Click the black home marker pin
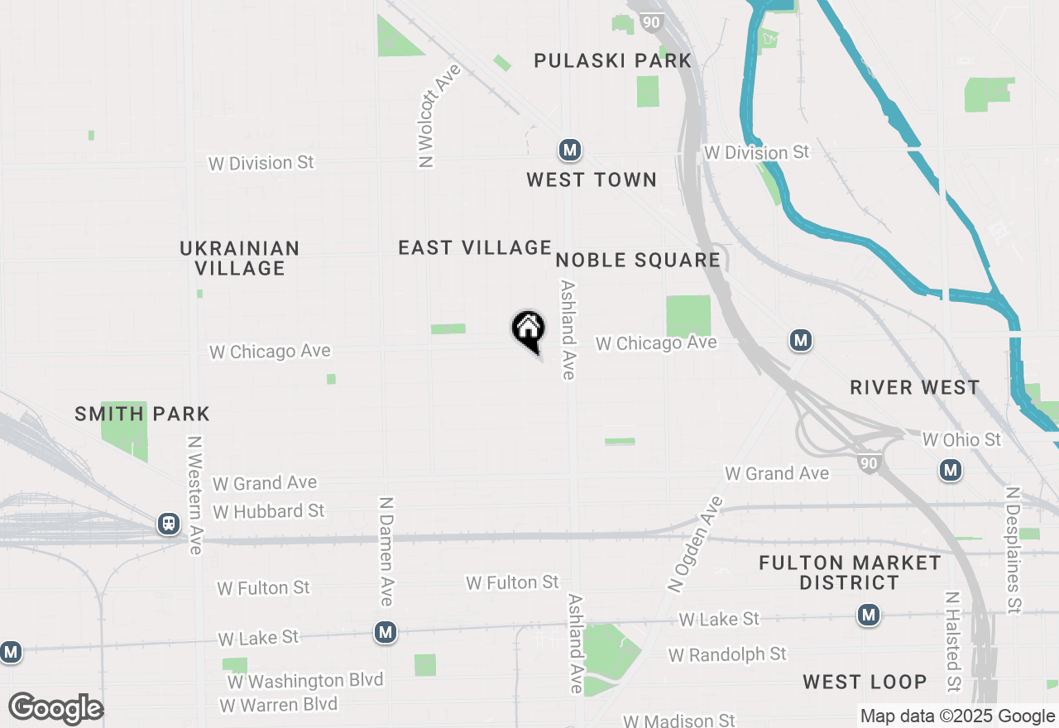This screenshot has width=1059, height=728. (x=528, y=329)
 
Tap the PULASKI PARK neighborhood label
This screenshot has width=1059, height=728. (x=612, y=60)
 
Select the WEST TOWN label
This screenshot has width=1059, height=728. (x=592, y=180)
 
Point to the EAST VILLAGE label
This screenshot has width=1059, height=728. (x=475, y=247)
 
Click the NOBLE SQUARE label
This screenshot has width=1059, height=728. (x=638, y=260)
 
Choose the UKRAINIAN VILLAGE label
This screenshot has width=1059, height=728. (x=240, y=258)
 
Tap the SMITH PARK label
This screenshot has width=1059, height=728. (x=142, y=414)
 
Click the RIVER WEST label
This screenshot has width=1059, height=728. (x=915, y=387)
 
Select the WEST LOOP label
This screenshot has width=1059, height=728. (x=865, y=682)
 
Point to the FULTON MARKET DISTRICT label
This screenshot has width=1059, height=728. (x=850, y=572)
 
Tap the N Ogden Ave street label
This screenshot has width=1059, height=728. (x=695, y=544)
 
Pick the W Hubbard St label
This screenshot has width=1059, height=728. (x=269, y=511)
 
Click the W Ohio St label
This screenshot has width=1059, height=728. (x=961, y=439)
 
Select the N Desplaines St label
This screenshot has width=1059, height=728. (x=1013, y=549)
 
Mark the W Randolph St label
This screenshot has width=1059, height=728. (x=727, y=654)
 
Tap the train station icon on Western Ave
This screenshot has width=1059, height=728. (x=170, y=524)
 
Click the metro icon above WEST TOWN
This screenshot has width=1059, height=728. (x=569, y=150)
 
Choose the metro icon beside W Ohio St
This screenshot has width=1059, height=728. (x=951, y=471)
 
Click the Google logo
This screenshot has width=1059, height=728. (x=55, y=709)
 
